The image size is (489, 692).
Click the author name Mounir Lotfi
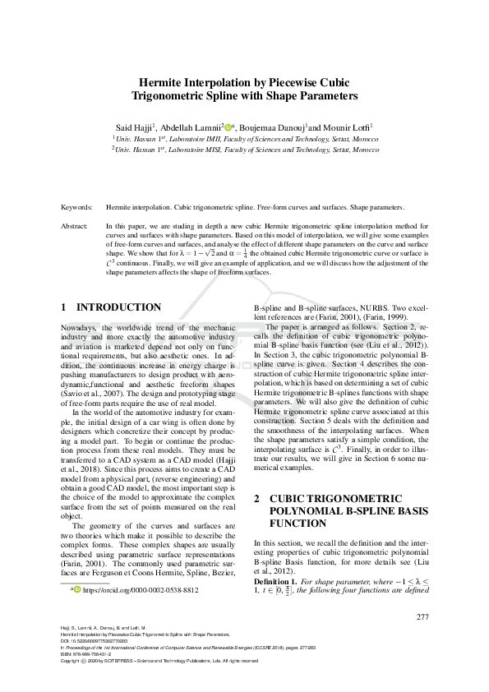coord(348,128)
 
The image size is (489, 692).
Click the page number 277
coord(423,617)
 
